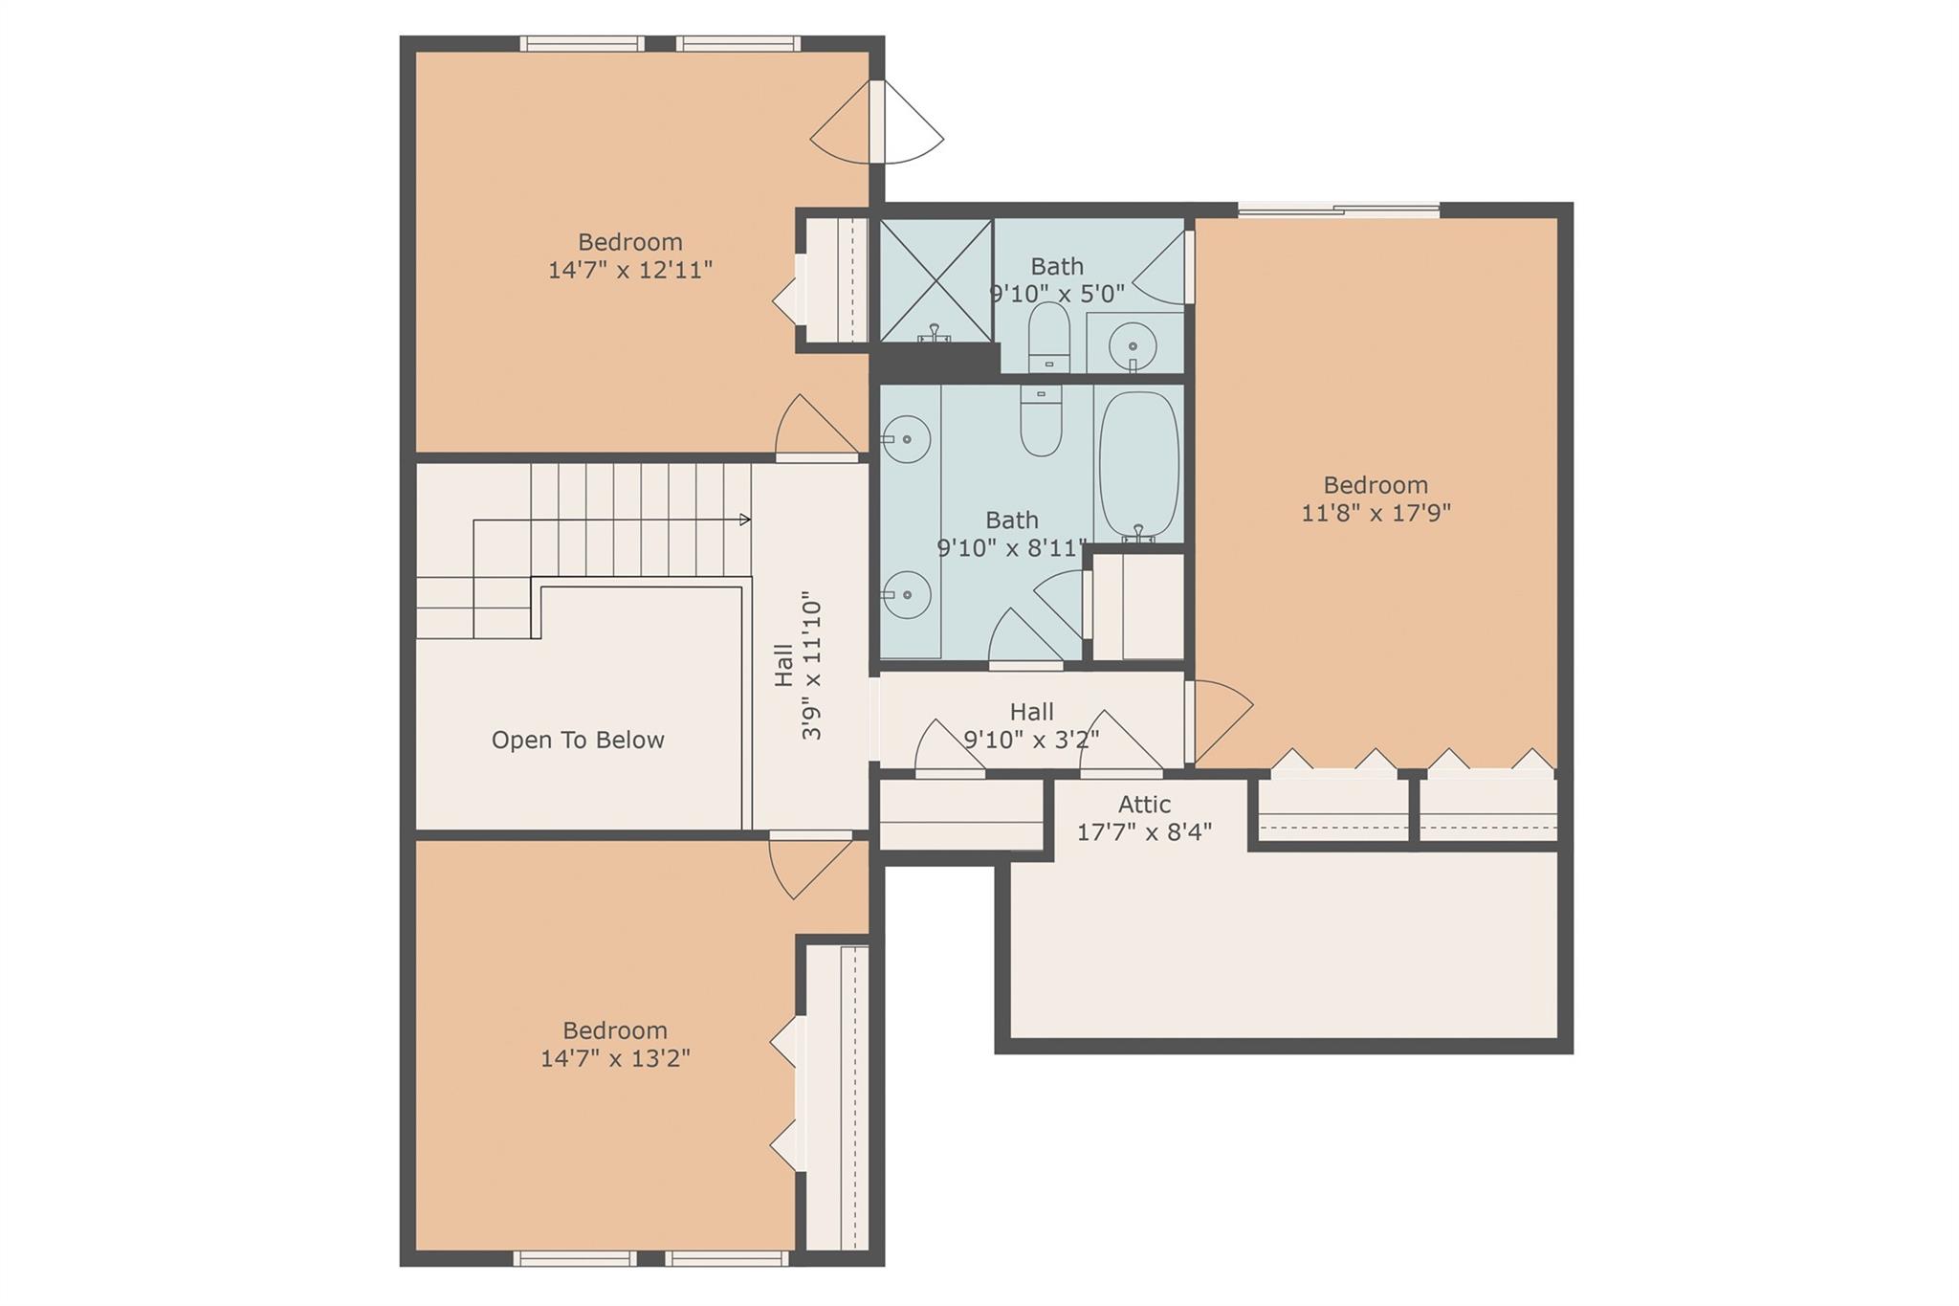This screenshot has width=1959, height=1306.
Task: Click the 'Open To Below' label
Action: pyautogui.click(x=578, y=740)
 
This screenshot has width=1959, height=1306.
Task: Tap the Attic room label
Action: pyautogui.click(x=1144, y=805)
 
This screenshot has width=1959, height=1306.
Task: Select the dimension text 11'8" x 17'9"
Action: pyautogui.click(x=1376, y=513)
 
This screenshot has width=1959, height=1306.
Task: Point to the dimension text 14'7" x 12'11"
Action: pyautogui.click(x=630, y=270)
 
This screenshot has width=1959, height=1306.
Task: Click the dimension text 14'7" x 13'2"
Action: pyautogui.click(x=615, y=1058)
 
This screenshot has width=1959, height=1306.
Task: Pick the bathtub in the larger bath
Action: pyautogui.click(x=1138, y=465)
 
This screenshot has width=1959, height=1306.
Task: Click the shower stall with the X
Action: pyautogui.click(x=935, y=280)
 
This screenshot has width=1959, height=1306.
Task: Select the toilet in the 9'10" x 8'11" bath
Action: pyautogui.click(x=1041, y=421)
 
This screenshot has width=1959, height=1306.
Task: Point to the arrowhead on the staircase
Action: pyautogui.click(x=745, y=520)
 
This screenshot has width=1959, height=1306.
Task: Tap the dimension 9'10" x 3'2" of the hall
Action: pyautogui.click(x=1031, y=740)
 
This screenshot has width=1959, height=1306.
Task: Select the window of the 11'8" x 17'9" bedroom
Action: pyautogui.click(x=1339, y=210)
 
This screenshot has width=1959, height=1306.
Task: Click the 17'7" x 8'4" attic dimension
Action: pyautogui.click(x=1144, y=831)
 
